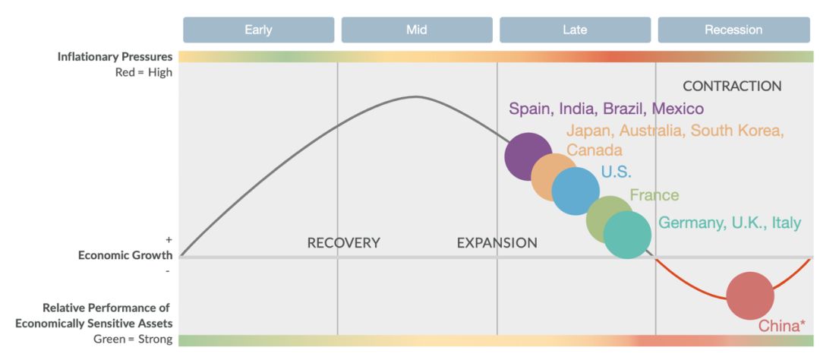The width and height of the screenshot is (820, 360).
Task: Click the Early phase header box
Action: (x=258, y=30)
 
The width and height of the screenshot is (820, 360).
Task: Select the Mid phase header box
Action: (x=417, y=30)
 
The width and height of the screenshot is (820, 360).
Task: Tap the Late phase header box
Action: (x=576, y=30)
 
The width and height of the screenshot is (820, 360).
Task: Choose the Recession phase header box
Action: (x=733, y=30)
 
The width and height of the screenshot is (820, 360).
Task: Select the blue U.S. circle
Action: (x=576, y=191)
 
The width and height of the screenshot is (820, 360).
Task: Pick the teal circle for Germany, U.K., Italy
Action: (x=627, y=235)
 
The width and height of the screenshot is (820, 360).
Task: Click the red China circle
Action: (x=750, y=295)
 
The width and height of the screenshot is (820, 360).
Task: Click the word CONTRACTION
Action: (x=732, y=87)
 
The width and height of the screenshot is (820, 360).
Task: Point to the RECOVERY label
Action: (x=344, y=243)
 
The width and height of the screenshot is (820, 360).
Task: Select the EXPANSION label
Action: (x=497, y=243)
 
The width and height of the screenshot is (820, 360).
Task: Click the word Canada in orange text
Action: (x=594, y=150)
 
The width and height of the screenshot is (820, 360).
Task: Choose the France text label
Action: (x=654, y=195)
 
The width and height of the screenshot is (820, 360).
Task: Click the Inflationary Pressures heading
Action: (x=115, y=56)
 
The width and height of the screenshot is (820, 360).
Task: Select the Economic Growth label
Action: (x=125, y=255)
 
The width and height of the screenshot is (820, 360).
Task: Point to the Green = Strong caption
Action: (x=133, y=339)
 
